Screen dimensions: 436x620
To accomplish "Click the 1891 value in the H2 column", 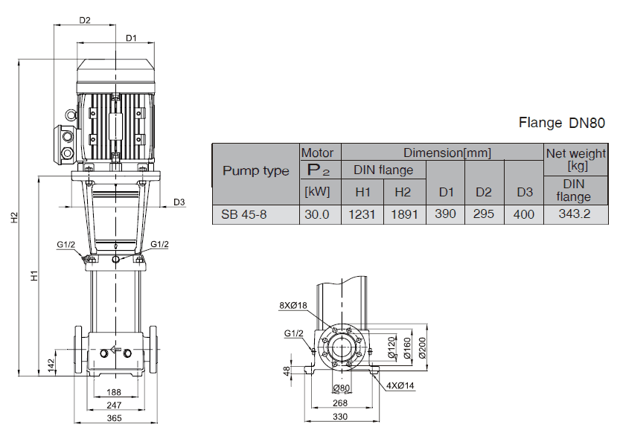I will [402, 215].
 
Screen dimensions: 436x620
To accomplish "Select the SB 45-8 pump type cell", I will [241, 215].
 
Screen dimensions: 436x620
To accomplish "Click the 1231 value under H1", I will [362, 215].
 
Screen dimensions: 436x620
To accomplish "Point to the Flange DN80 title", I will [563, 123].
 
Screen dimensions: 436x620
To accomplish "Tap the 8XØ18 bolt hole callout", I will [294, 304].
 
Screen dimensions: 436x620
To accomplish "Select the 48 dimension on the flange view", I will [287, 370].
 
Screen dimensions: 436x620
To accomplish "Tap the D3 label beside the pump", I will [179, 202].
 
